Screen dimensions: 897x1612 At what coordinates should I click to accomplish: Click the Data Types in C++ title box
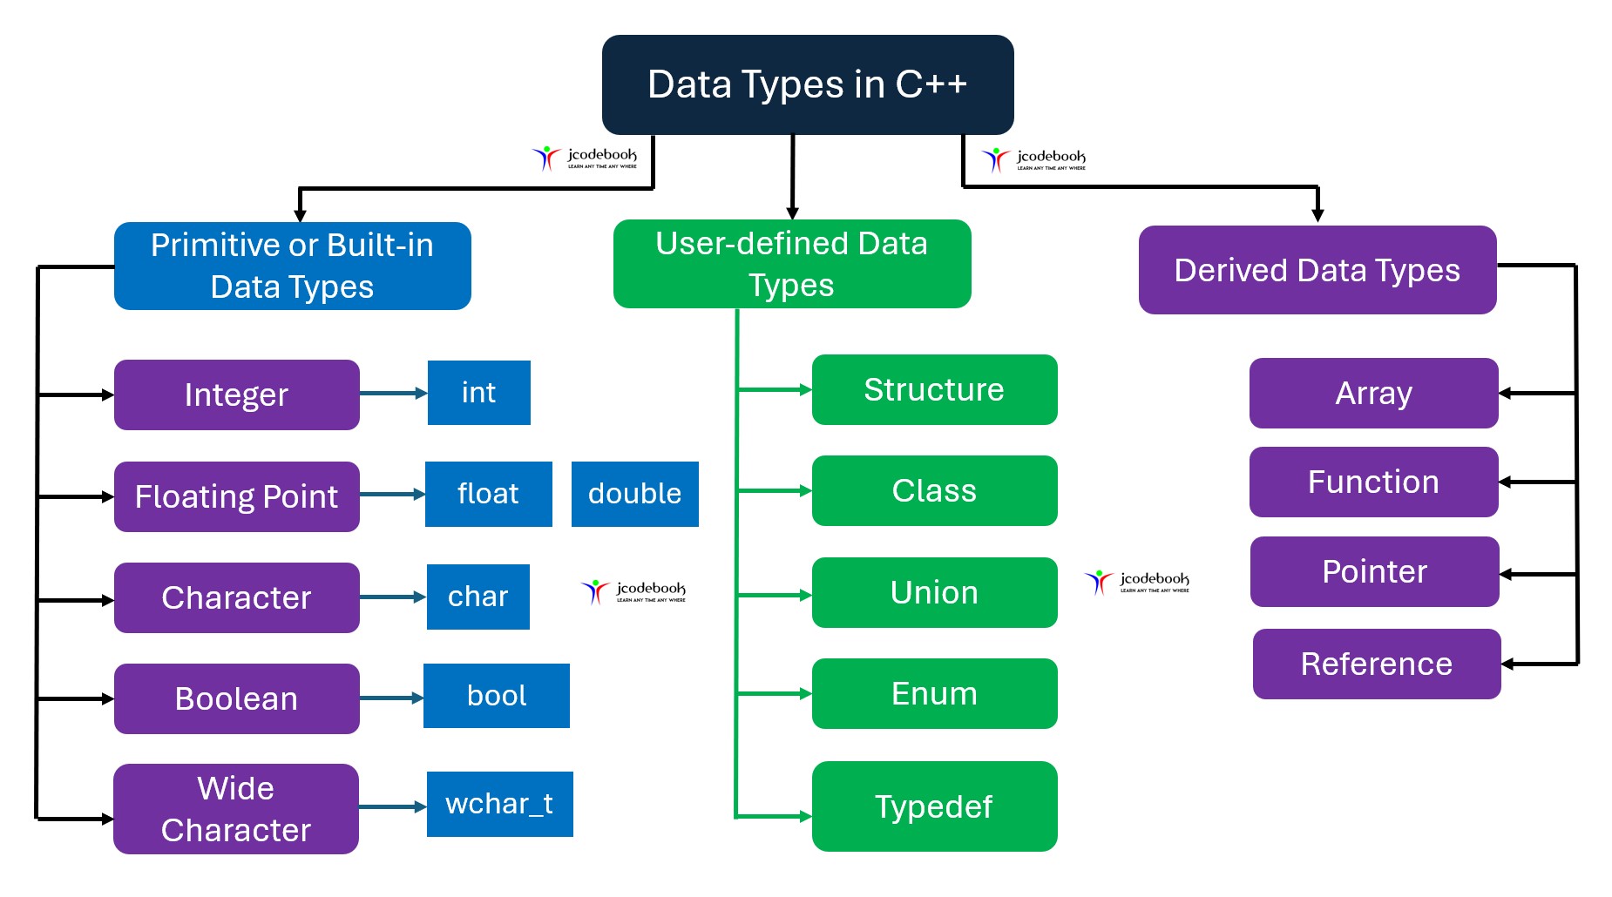pos(807,84)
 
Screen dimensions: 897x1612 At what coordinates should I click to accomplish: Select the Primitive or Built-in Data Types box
pos(292,266)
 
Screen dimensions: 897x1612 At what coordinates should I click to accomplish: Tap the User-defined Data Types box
pos(791,264)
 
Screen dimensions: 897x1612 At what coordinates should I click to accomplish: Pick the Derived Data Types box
pos(1317,270)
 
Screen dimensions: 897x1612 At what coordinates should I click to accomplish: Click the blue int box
pos(478,393)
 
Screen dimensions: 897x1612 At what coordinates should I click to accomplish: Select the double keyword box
pos(634,494)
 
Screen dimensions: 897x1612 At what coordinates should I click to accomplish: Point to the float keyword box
pos(488,494)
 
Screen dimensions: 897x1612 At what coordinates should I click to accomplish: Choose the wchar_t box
pos(499,804)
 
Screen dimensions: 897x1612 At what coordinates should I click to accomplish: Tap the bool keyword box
pos(496,696)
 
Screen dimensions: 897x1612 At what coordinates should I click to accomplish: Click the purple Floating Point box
pos(236,496)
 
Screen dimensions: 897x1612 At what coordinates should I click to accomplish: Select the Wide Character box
pos(235,809)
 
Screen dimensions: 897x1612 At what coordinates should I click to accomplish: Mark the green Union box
pos(934,592)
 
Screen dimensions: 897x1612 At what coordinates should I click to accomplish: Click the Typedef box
pos(934,806)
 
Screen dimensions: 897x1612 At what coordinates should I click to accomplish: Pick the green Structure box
pos(934,389)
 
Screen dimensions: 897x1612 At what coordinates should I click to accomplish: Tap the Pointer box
pos(1374,571)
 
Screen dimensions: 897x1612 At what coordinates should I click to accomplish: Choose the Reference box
pos(1376,664)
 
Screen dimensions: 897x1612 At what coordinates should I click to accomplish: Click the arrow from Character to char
pos(392,597)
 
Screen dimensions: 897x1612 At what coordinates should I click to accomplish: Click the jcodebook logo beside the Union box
pos(1137,582)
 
